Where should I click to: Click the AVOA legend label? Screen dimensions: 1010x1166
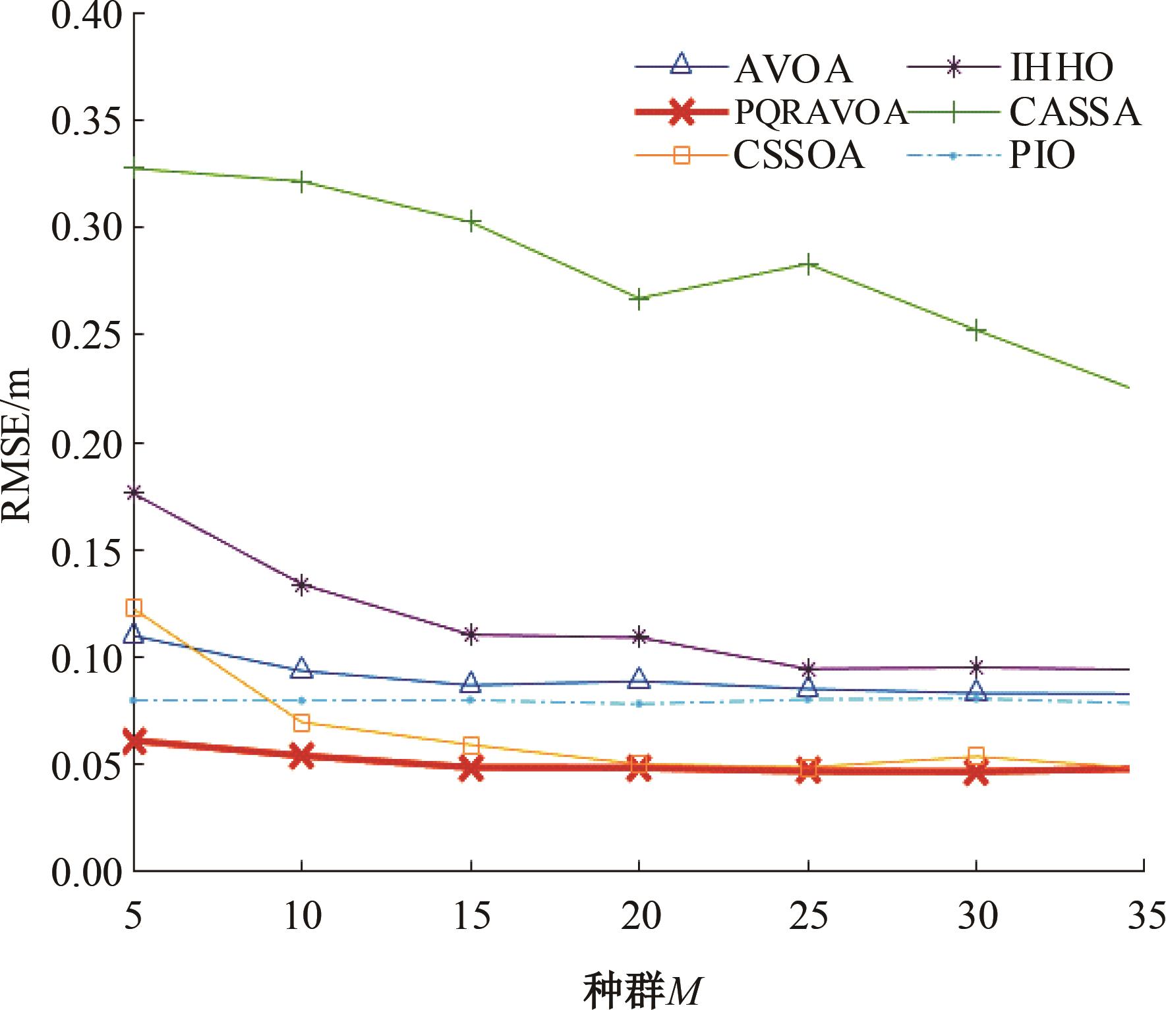pos(793,69)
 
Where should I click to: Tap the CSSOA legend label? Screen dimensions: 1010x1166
pos(798,156)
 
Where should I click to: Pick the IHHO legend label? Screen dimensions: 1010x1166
pos(1061,68)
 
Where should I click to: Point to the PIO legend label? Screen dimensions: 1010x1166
pos(1041,156)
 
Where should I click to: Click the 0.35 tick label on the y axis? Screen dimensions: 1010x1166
pos(86,121)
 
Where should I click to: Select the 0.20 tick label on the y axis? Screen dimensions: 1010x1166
pos(86,443)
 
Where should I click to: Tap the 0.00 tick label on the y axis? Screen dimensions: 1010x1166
pos(86,872)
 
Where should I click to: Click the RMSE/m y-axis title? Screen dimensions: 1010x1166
pos(16,445)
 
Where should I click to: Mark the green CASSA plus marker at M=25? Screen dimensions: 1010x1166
pos(808,264)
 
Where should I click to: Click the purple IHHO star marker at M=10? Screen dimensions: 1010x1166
pos(302,584)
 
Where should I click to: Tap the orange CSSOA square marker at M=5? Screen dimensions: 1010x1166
pos(134,607)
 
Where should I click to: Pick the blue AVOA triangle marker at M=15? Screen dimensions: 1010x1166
pos(471,683)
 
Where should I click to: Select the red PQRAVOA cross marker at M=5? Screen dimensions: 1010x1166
pos(134,741)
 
